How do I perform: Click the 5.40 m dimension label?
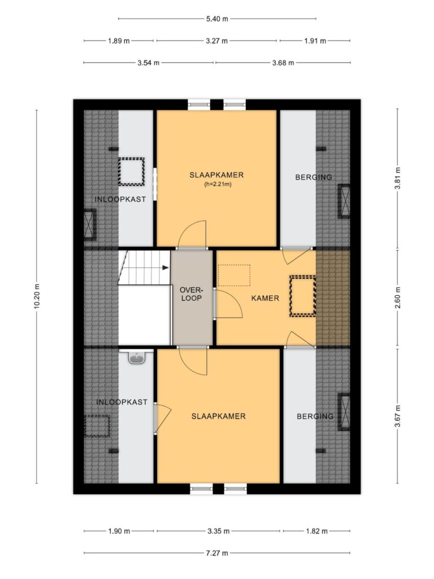pyautogui.click(x=217, y=19)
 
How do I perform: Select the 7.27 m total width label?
pyautogui.click(x=217, y=553)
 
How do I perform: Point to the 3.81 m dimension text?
pyautogui.click(x=397, y=178)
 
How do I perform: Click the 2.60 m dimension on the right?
pyautogui.click(x=397, y=297)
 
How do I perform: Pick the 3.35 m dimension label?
pyautogui.click(x=218, y=531)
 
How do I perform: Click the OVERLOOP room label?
pyautogui.click(x=191, y=293)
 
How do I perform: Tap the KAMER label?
pyautogui.click(x=265, y=298)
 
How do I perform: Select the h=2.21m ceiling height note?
pyautogui.click(x=218, y=184)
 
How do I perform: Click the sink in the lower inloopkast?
pyautogui.click(x=136, y=358)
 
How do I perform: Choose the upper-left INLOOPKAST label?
pyautogui.click(x=120, y=199)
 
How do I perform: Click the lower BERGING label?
pyautogui.click(x=315, y=416)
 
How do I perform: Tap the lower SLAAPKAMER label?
pyautogui.click(x=219, y=416)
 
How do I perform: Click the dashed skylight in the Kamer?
pyautogui.click(x=303, y=296)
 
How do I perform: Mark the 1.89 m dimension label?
pyautogui.click(x=119, y=41)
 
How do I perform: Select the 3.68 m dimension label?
pyautogui.click(x=283, y=63)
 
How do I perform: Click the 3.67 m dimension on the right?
pyautogui.click(x=397, y=416)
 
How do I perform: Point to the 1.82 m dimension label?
pyautogui.click(x=316, y=531)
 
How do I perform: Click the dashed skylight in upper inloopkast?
pyautogui.click(x=131, y=172)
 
